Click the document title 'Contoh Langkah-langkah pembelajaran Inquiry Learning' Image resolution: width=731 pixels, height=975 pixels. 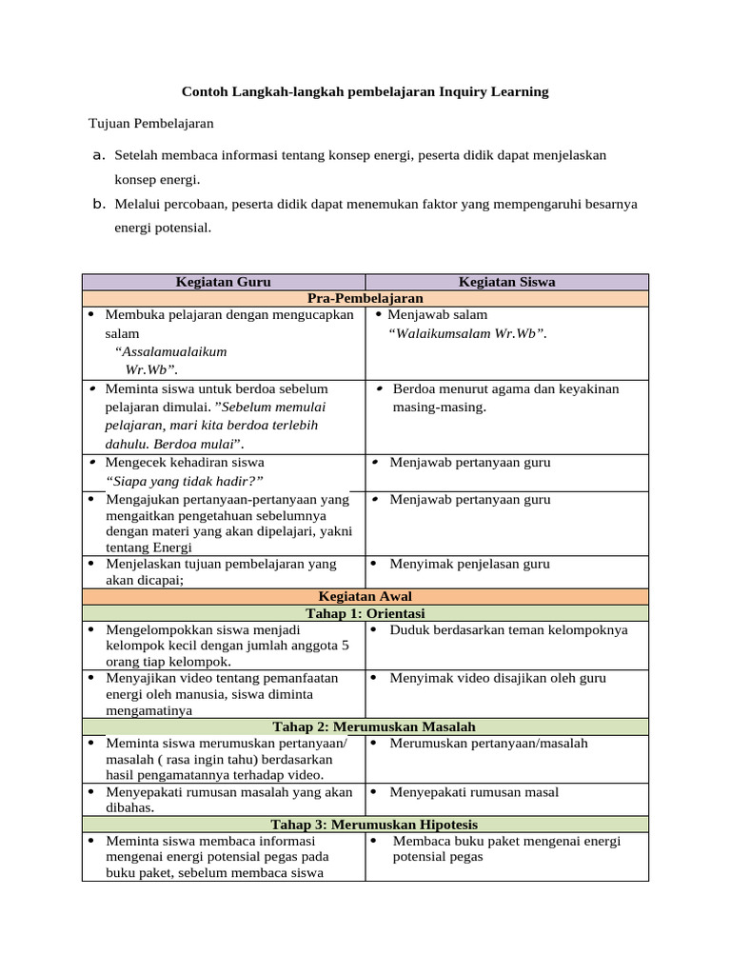click(x=365, y=92)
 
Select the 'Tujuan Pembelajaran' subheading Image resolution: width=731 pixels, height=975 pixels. click(x=150, y=123)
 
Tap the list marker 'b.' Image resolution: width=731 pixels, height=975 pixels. click(x=97, y=204)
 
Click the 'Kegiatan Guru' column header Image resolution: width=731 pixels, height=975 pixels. click(x=224, y=282)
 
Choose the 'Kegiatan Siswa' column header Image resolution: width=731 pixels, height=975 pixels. click(x=506, y=282)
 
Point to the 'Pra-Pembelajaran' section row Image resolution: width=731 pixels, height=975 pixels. click(x=365, y=298)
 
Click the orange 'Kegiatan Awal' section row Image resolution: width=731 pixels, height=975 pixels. click(x=365, y=597)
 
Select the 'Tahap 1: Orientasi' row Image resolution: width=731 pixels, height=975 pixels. click(x=365, y=613)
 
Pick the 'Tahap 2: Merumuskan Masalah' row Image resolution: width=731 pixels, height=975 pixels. click(x=365, y=726)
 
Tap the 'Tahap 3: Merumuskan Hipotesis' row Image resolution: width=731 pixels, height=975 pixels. click(x=365, y=825)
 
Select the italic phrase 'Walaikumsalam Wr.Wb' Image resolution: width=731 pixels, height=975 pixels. click(x=466, y=333)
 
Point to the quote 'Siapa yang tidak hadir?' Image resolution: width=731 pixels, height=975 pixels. click(x=185, y=481)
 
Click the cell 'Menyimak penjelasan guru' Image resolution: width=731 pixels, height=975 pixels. click(x=469, y=564)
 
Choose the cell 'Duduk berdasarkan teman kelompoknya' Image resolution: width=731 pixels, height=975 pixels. click(x=508, y=629)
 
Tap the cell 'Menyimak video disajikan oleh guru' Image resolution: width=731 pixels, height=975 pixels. click(x=498, y=678)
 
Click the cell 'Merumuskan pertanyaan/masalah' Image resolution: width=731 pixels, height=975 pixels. click(x=488, y=743)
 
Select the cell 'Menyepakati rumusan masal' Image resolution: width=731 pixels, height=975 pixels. click(x=474, y=792)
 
